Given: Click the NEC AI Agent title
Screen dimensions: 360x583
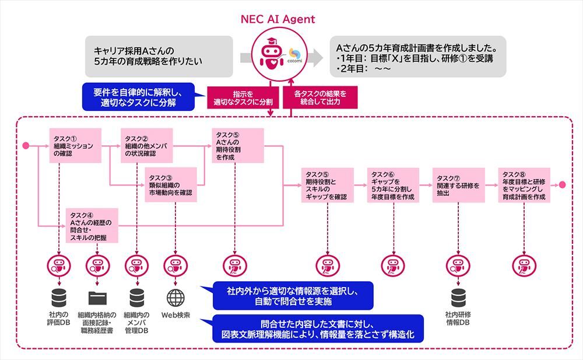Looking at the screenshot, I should [278, 19].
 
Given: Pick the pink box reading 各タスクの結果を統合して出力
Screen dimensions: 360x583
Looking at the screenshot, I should [320, 97].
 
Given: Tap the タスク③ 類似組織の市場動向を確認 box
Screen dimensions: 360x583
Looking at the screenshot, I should [170, 184].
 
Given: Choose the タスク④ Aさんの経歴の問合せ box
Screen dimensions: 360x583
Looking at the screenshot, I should [92, 225].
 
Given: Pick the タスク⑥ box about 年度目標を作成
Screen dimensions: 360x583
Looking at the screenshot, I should [393, 185].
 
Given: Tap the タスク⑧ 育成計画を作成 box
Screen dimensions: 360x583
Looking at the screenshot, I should [524, 185].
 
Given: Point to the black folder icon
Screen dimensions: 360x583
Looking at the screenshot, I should [97, 298].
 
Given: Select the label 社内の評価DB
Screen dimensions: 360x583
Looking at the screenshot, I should [59, 319].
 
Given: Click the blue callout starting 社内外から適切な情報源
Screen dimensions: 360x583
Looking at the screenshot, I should [293, 295].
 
